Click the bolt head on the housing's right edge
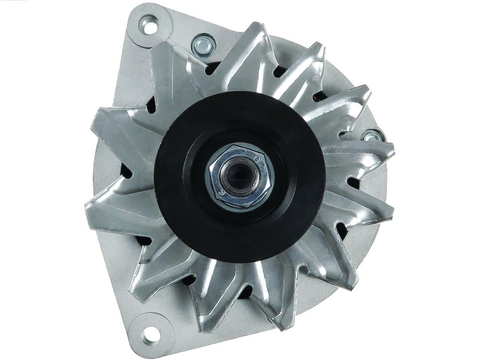371,136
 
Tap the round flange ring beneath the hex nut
242,202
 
